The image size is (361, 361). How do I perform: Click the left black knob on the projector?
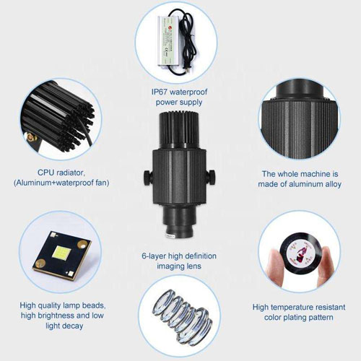coord(147,177)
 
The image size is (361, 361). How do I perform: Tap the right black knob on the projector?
coord(212,177)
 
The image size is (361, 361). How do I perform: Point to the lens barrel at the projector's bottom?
coord(179,222)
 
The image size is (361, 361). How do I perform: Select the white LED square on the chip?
coord(61,252)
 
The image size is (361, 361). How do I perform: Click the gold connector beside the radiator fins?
coord(30,137)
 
